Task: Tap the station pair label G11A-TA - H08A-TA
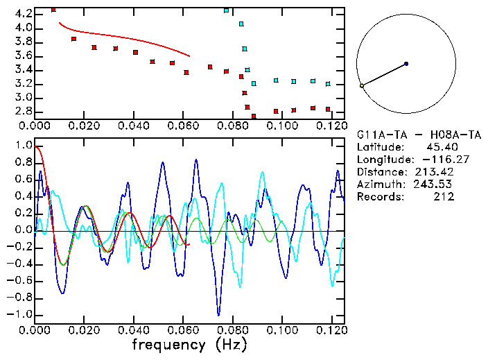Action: click(x=415, y=135)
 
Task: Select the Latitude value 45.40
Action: click(x=440, y=147)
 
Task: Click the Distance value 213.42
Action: click(x=435, y=172)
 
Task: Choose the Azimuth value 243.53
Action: click(x=435, y=185)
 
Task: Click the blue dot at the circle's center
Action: click(x=406, y=64)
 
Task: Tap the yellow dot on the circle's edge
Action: click(x=362, y=86)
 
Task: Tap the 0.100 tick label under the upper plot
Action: click(x=281, y=126)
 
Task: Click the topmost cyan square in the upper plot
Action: click(x=227, y=10)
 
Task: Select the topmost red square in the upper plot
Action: click(x=53, y=10)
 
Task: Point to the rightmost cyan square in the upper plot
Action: click(x=328, y=84)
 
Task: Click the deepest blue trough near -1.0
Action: click(x=219, y=314)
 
